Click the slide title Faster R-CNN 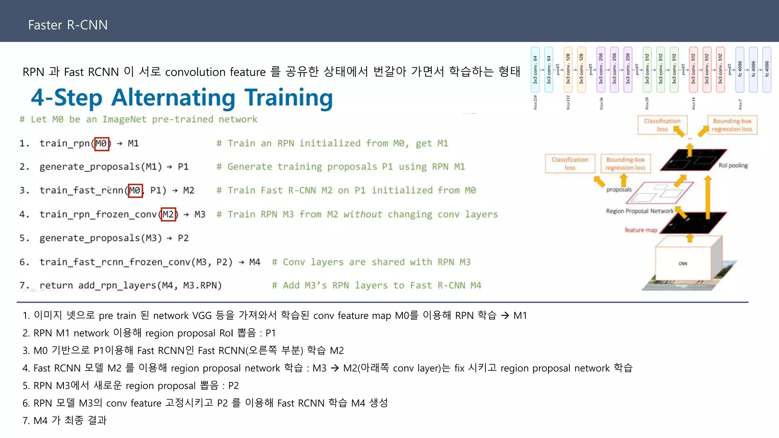point(68,25)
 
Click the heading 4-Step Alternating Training point(181,98)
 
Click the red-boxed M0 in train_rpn point(102,144)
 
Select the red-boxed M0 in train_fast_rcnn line point(135,190)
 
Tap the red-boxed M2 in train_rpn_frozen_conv point(168,214)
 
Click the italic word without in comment point(362,214)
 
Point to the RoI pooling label point(733,165)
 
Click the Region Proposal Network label point(639,211)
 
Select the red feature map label point(641,230)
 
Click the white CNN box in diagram point(683,263)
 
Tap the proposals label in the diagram point(618,189)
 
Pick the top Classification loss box point(662,125)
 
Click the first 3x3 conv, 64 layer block point(535,70)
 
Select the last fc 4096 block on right point(766,70)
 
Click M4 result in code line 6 point(254,262)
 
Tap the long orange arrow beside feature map point(707,198)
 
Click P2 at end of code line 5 point(183,238)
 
